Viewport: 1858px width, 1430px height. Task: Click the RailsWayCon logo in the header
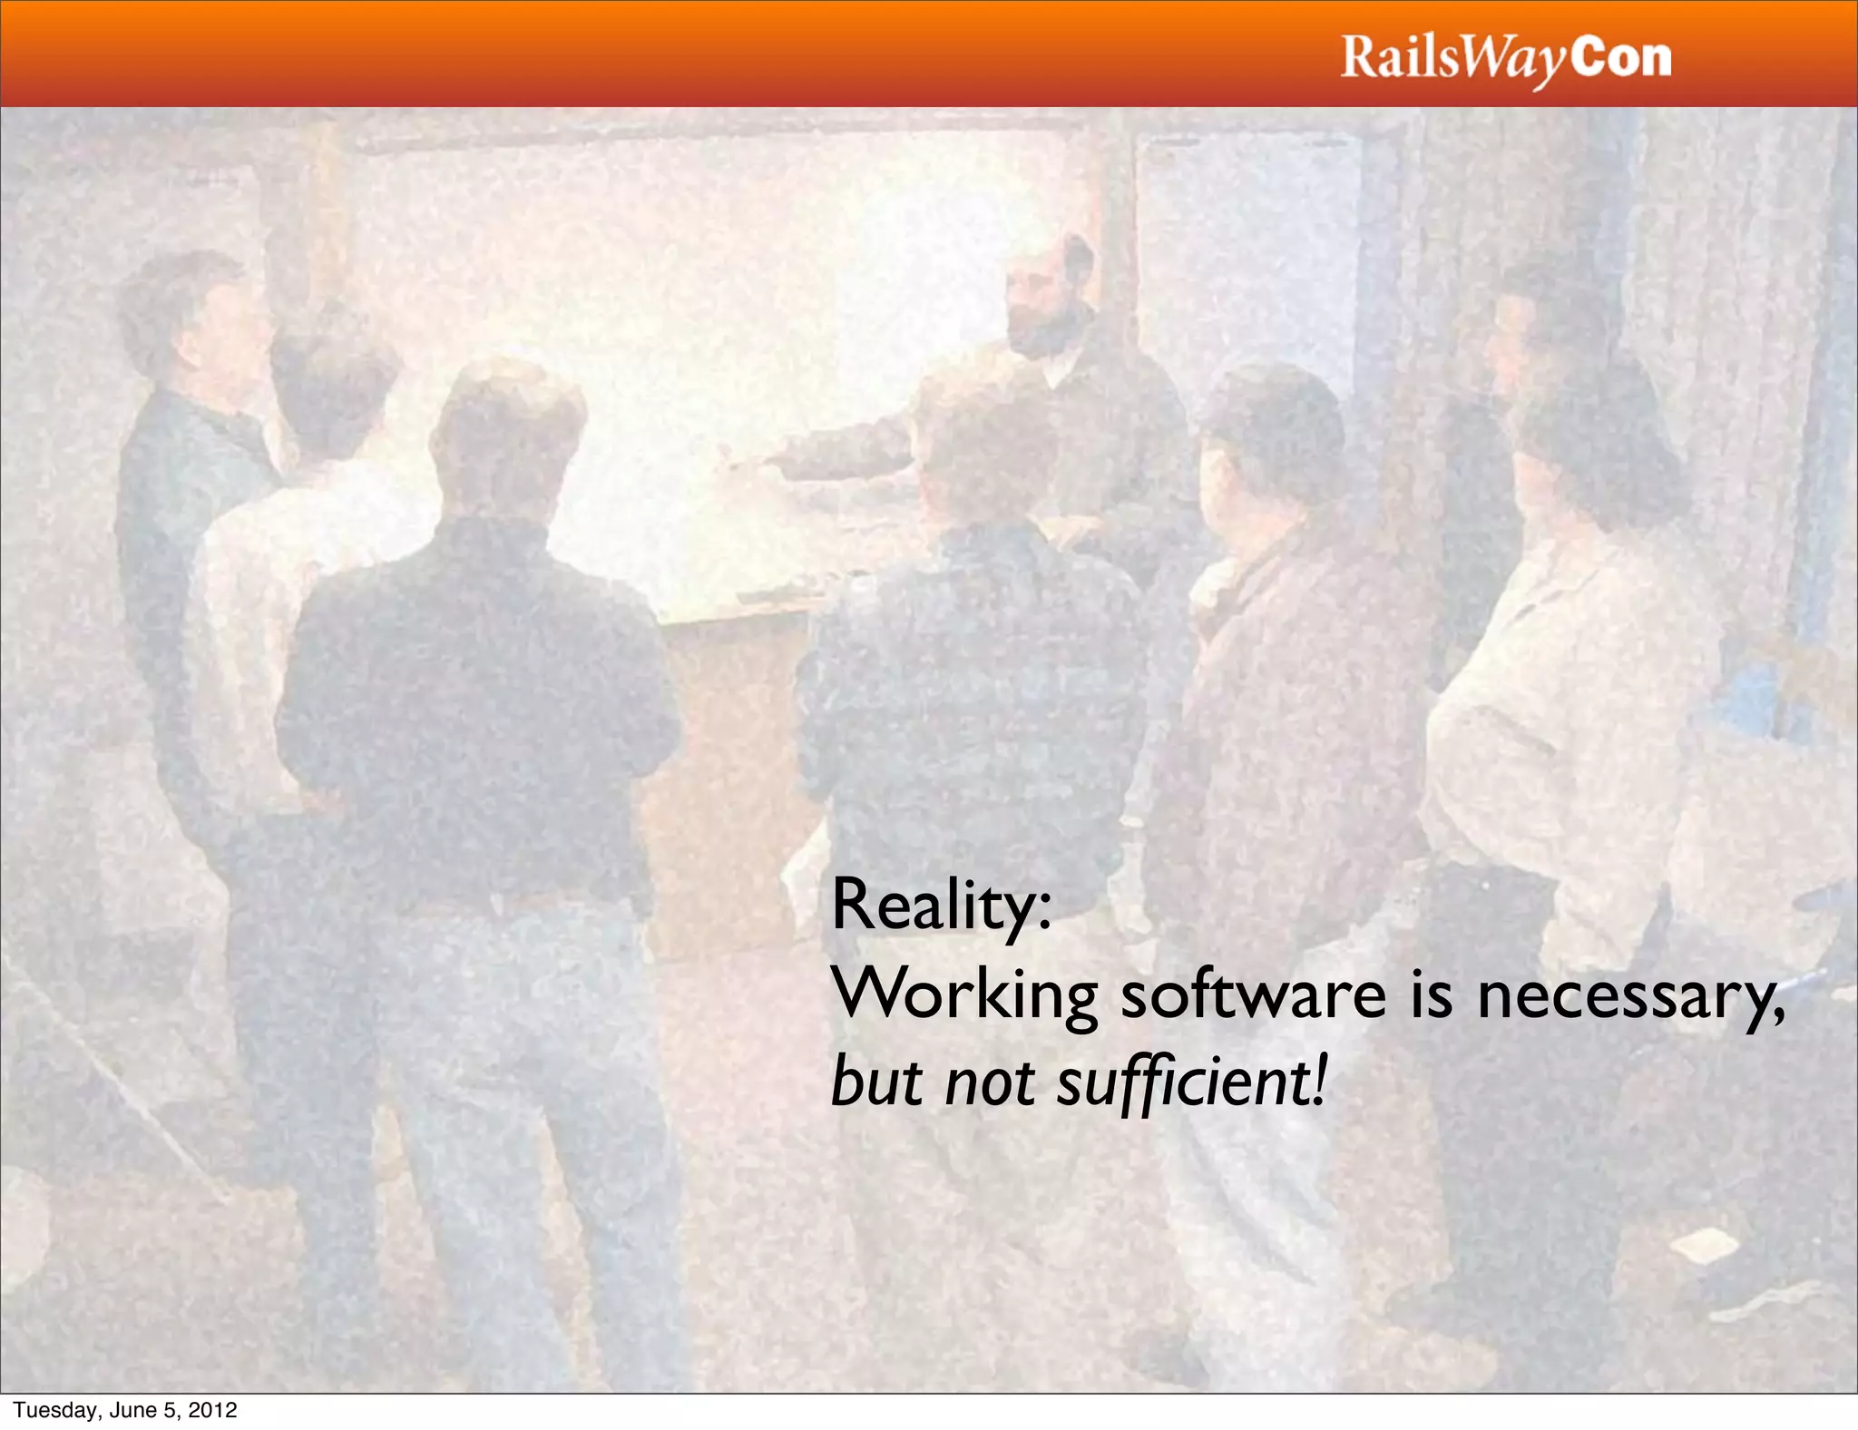(1505, 59)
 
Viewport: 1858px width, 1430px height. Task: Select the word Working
(964, 996)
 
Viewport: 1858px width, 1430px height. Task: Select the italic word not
(989, 1084)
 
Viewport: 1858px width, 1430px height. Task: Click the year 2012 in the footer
(214, 1410)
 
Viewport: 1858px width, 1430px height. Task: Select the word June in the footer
(132, 1410)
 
